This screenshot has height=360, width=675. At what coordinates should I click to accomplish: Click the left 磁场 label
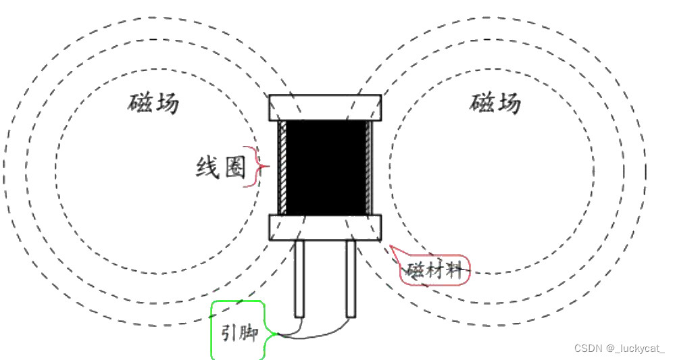(x=154, y=103)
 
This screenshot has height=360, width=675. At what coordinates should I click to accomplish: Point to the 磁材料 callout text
(x=434, y=270)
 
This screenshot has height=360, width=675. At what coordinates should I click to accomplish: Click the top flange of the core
(x=326, y=107)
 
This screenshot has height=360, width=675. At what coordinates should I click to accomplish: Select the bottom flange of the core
(x=326, y=228)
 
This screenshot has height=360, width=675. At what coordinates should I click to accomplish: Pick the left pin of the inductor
(x=299, y=278)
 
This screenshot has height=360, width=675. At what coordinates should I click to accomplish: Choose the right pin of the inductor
(x=351, y=278)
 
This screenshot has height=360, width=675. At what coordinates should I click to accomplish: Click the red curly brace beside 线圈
(x=259, y=166)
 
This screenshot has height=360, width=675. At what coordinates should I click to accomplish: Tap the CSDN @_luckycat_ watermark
(x=620, y=349)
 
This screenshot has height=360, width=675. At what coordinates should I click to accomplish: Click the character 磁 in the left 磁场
(x=141, y=103)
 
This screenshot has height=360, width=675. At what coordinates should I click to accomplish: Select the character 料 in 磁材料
(x=454, y=271)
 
